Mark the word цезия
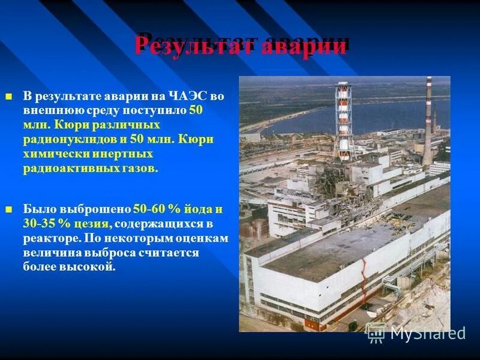(91, 224)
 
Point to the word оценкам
(198, 238)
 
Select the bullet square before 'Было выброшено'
(8, 210)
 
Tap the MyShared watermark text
(427, 333)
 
